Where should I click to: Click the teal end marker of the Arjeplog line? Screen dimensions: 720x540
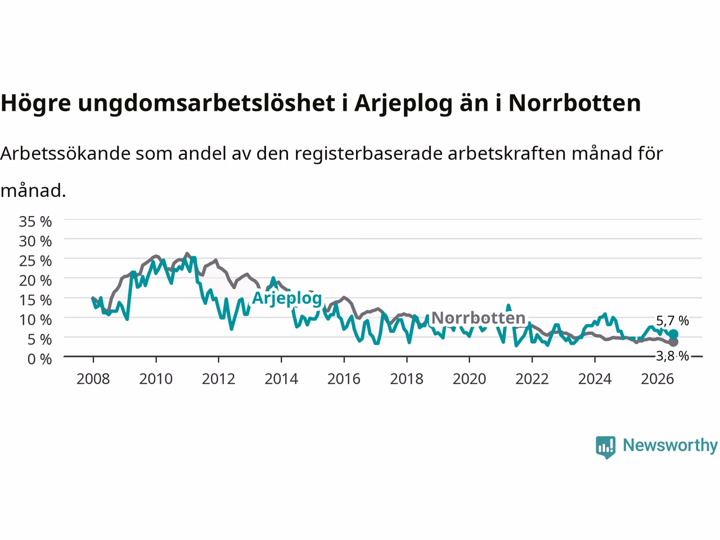click(673, 334)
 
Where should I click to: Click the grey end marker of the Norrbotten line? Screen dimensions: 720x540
click(673, 342)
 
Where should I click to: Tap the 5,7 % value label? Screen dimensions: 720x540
click(672, 321)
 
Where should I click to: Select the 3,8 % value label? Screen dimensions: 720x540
click(672, 355)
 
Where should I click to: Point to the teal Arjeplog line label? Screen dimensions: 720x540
click(287, 299)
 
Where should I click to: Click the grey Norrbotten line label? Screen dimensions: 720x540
click(478, 318)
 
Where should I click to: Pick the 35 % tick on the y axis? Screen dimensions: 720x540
click(35, 222)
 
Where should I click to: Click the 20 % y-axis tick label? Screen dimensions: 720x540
click(35, 281)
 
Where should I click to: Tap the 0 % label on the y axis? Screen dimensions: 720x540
click(40, 359)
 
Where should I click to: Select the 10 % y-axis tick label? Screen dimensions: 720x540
click(35, 320)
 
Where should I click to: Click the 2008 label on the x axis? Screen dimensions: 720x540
click(93, 379)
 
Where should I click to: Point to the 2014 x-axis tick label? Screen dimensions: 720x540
click(281, 379)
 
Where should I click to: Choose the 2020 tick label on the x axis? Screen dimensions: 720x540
click(469, 379)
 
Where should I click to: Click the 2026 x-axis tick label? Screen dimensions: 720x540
click(658, 379)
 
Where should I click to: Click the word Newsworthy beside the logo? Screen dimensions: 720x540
click(670, 445)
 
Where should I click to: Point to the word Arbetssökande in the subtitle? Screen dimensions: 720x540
click(66, 153)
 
